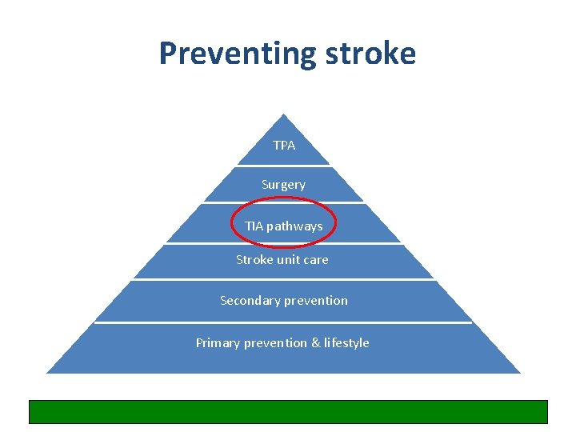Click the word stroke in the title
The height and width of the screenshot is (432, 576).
point(370,54)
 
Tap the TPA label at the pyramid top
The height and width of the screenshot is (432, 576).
point(284,145)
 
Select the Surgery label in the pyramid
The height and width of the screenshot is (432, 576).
point(283,185)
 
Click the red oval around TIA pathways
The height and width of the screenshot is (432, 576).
point(232,225)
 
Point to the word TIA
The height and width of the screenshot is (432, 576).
point(254,226)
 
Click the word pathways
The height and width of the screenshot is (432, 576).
point(294,226)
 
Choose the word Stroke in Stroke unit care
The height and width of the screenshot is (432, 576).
point(254,260)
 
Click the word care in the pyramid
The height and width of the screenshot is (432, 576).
point(317,260)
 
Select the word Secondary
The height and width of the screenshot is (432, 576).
point(248,301)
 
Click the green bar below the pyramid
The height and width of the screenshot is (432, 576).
point(288,411)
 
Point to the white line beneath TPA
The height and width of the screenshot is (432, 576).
point(283,166)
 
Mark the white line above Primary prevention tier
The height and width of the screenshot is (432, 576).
point(283,322)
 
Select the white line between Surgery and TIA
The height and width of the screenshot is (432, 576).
point(283,202)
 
